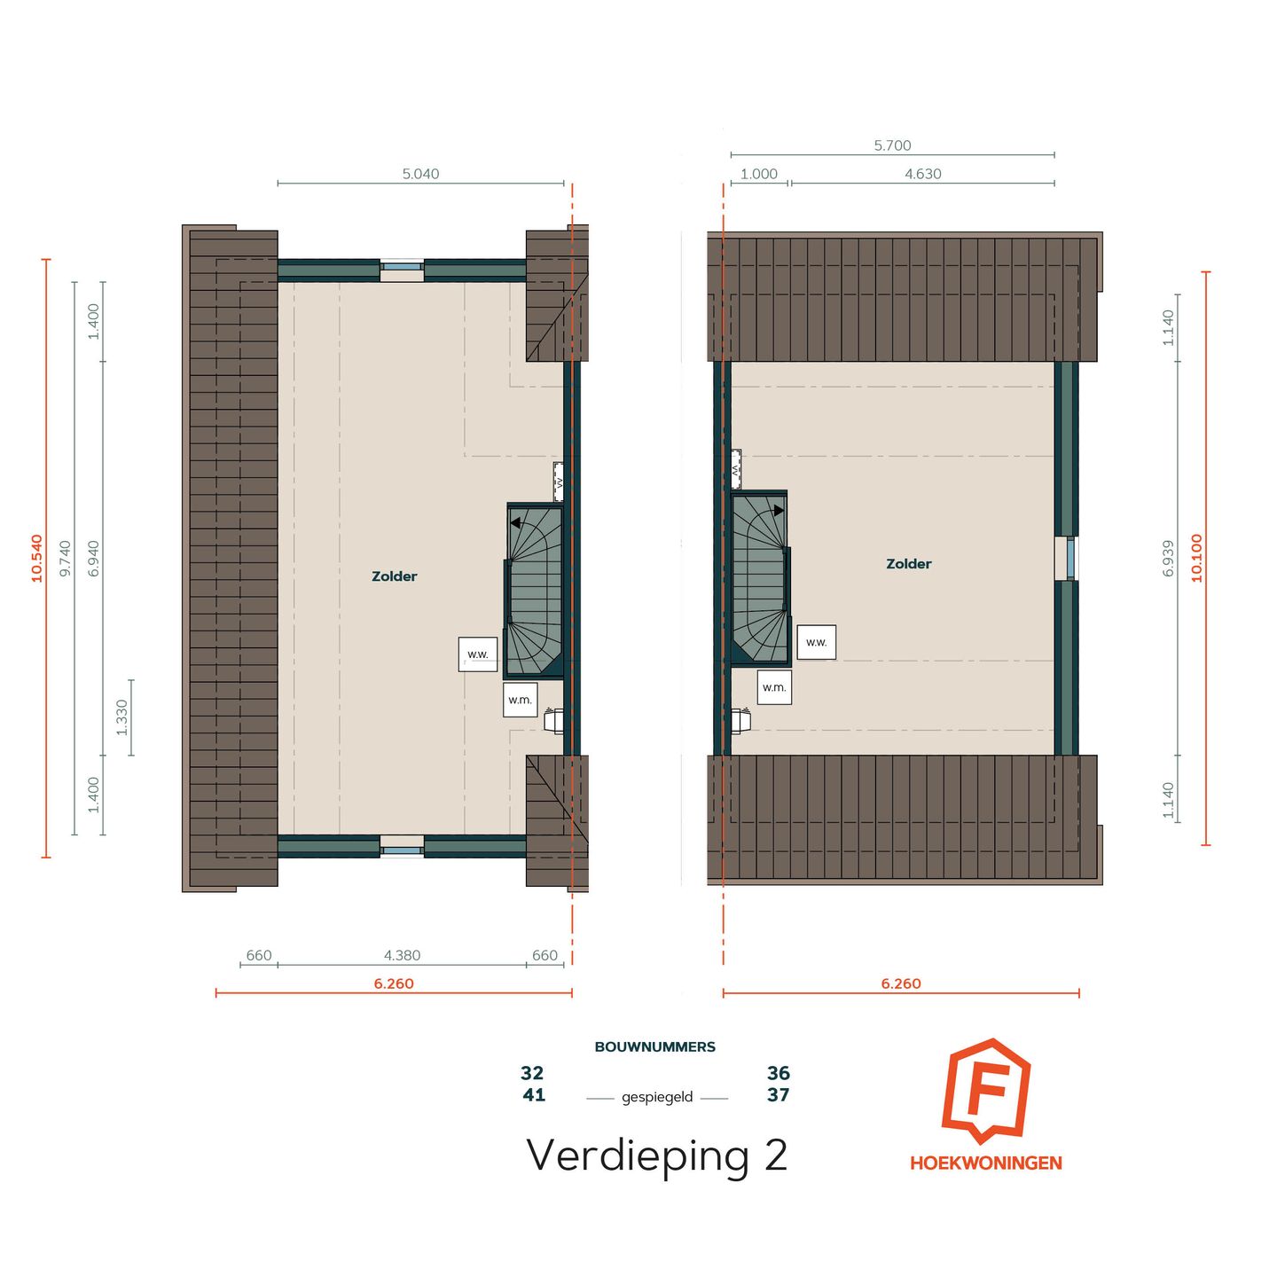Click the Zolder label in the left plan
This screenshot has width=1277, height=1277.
pyautogui.click(x=394, y=576)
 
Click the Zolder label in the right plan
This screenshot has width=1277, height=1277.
pyautogui.click(x=908, y=564)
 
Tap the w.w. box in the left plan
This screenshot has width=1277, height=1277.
pyautogui.click(x=478, y=654)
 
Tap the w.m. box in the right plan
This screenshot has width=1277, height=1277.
pyautogui.click(x=774, y=687)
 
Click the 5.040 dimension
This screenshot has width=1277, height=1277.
pyautogui.click(x=420, y=174)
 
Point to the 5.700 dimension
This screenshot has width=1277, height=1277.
pyautogui.click(x=892, y=145)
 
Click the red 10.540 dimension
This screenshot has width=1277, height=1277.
pyautogui.click(x=37, y=558)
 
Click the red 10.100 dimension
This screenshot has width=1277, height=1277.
pyautogui.click(x=1197, y=558)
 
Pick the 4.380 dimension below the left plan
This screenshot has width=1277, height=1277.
pyautogui.click(x=402, y=955)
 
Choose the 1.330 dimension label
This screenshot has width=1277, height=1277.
pyautogui.click(x=122, y=717)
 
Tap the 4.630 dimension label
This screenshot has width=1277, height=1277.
pyautogui.click(x=922, y=174)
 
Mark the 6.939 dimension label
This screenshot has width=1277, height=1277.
pyautogui.click(x=1169, y=558)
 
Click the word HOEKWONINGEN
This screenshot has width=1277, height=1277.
pyautogui.click(x=985, y=1163)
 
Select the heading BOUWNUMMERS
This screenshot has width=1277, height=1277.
pyautogui.click(x=654, y=1046)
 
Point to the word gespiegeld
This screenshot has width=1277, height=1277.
pyautogui.click(x=657, y=1097)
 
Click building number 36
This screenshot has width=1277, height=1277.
pyautogui.click(x=778, y=1073)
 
